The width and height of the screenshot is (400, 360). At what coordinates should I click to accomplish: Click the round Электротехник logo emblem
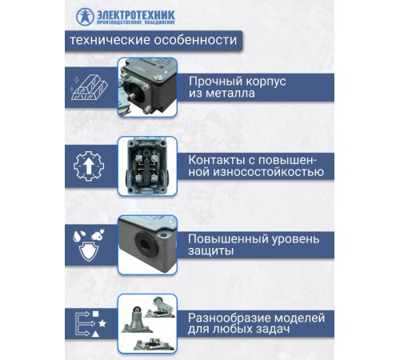[x=86, y=16]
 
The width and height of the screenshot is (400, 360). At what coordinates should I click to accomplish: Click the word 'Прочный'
[x=215, y=81]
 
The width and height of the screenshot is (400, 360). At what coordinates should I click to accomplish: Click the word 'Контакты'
[x=217, y=159]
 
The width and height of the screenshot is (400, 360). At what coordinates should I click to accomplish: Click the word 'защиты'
[x=211, y=251]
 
